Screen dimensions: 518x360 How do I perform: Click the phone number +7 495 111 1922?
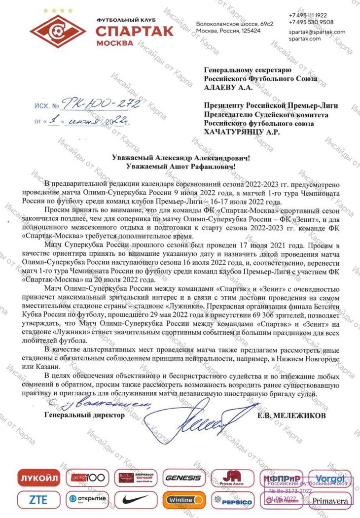point(311,15)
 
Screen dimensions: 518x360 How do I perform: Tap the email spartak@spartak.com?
point(317,32)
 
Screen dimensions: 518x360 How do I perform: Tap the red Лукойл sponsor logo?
point(39,478)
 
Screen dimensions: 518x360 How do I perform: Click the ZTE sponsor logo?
point(38,500)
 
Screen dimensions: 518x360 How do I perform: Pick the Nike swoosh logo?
point(134,499)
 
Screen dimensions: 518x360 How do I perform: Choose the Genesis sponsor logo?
point(182,478)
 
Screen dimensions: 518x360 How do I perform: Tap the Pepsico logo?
point(233,501)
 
